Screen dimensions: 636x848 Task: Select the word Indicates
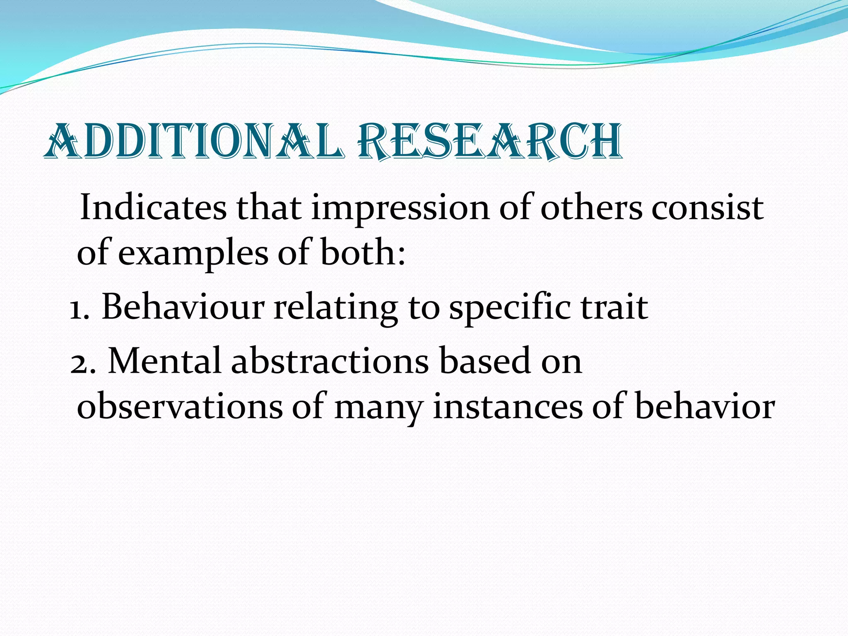click(x=153, y=207)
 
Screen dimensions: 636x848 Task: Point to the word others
click(x=592, y=207)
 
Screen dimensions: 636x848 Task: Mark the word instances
click(x=508, y=407)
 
